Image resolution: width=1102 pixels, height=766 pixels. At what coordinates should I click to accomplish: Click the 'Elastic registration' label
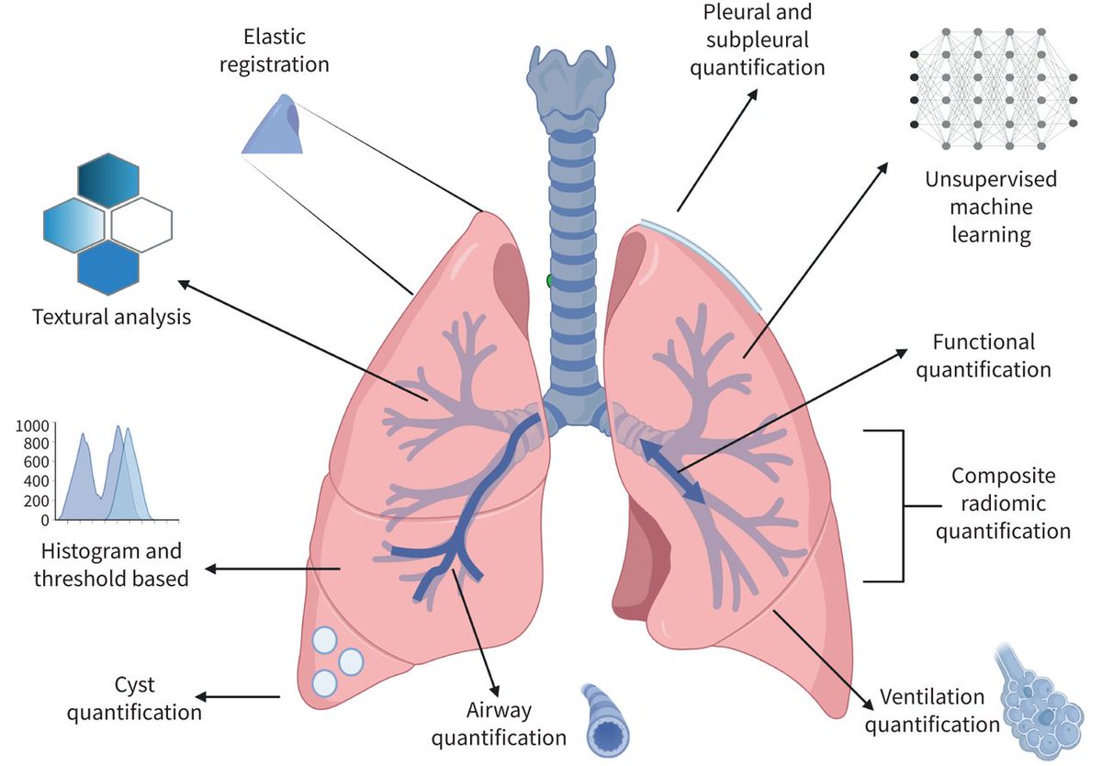coord(275,51)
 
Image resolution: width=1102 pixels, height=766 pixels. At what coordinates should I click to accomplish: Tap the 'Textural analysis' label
coord(112,317)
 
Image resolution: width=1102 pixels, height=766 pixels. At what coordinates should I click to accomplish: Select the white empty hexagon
coord(141,225)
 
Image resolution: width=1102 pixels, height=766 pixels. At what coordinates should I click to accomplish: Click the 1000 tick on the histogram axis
coord(32,425)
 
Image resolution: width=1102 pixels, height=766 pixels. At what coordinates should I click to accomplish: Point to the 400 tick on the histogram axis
coord(37,481)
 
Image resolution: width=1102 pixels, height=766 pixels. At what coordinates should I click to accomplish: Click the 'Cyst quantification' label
coord(134,699)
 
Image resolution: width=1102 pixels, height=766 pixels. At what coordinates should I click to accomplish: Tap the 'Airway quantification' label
coord(499,724)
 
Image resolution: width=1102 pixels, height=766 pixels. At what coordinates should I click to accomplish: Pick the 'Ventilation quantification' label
coord(932,710)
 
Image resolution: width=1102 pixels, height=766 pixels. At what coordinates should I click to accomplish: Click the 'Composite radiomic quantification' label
coord(1003,504)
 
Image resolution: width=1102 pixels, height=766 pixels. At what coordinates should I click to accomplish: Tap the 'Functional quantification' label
coord(984,355)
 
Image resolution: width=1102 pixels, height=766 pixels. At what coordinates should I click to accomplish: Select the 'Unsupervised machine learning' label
coord(991,207)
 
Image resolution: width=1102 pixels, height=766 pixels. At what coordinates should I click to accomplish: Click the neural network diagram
coord(994,88)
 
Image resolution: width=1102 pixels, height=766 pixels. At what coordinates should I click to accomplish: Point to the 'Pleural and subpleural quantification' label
coord(757,39)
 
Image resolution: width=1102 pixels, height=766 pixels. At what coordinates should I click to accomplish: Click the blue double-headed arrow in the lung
coord(671,471)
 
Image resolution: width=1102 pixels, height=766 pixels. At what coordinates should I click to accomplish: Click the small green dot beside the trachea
coord(549,281)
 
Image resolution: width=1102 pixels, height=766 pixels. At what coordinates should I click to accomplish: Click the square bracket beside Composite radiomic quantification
coord(903,506)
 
